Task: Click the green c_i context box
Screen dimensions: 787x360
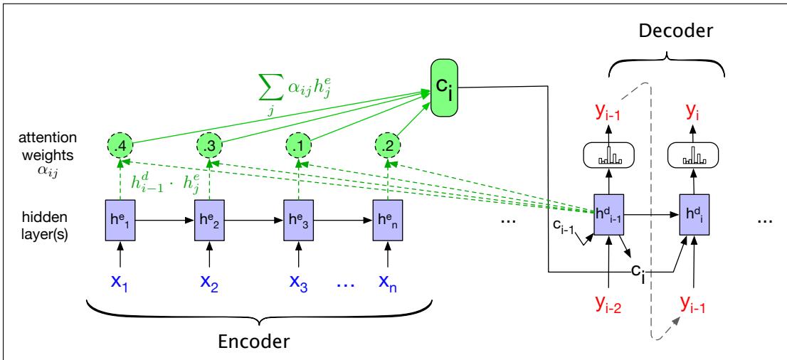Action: pyautogui.click(x=445, y=88)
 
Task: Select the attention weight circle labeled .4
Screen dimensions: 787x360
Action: pyautogui.click(x=120, y=146)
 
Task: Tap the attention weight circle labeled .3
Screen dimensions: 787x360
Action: pyautogui.click(x=208, y=146)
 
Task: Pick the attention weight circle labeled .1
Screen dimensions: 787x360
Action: pyautogui.click(x=298, y=146)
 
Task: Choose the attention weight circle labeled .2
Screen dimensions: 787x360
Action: pyautogui.click(x=387, y=146)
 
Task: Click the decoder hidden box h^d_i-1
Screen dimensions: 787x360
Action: pyautogui.click(x=609, y=214)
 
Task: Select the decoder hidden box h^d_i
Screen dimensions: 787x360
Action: pyautogui.click(x=695, y=214)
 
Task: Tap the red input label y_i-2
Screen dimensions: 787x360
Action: pyautogui.click(x=609, y=305)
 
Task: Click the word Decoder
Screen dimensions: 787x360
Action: pyautogui.click(x=675, y=31)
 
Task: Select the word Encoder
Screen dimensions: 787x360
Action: pyautogui.click(x=253, y=342)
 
